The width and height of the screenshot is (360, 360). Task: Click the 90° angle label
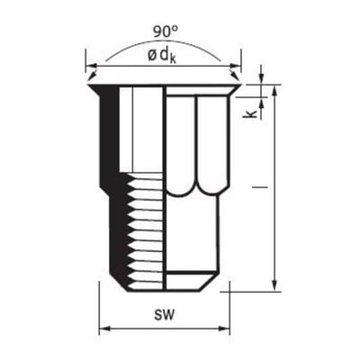(166, 31)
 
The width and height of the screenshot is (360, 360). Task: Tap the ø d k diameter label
(162, 56)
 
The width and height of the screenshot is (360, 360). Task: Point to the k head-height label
(251, 114)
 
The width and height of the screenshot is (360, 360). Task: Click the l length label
(260, 187)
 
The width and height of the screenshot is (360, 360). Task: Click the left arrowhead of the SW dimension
(103, 328)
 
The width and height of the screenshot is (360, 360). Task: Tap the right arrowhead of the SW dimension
(224, 328)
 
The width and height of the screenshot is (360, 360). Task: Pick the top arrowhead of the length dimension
(274, 90)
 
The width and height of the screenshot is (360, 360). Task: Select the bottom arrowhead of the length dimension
(274, 285)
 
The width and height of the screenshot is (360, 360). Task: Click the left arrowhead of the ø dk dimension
(91, 66)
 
